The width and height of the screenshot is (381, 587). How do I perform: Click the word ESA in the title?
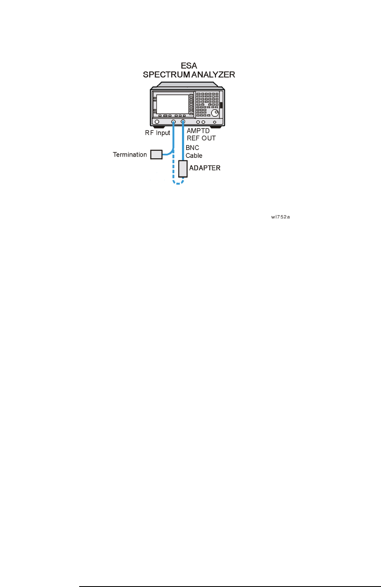pyautogui.click(x=189, y=66)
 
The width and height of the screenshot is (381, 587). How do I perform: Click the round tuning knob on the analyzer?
pyautogui.click(x=215, y=113)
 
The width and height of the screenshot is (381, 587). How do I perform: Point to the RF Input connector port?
pyautogui.click(x=174, y=122)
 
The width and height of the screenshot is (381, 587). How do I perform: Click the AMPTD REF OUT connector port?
pyautogui.click(x=183, y=122)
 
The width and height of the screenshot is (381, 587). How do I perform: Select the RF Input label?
pyautogui.click(x=158, y=133)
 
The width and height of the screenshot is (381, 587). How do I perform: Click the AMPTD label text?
pyautogui.click(x=198, y=131)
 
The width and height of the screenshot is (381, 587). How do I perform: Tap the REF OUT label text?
pyautogui.click(x=201, y=138)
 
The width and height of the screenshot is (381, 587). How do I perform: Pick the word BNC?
pyautogui.click(x=192, y=148)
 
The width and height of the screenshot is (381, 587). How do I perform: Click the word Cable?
pyautogui.click(x=194, y=156)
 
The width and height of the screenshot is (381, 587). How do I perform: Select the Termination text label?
pyautogui.click(x=130, y=155)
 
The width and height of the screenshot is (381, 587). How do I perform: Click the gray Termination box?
pyautogui.click(x=156, y=155)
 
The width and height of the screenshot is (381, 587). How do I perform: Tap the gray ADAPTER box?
pyautogui.click(x=183, y=168)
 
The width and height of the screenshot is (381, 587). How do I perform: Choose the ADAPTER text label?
pyautogui.click(x=205, y=168)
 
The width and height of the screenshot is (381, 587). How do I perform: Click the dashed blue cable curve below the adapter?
pyautogui.click(x=179, y=183)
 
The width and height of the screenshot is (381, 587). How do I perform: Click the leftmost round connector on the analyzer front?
pyautogui.click(x=157, y=122)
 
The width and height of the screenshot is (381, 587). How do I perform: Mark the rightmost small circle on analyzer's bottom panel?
pyautogui.click(x=214, y=122)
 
